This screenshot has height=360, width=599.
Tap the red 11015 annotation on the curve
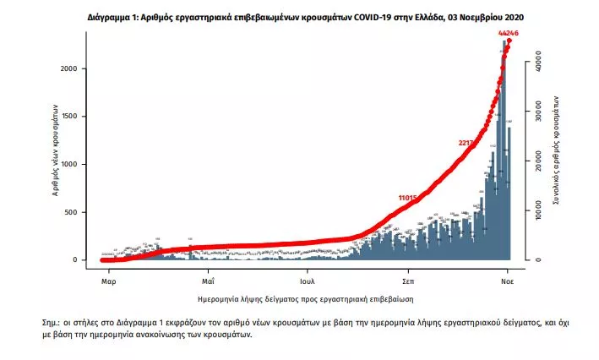410,198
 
